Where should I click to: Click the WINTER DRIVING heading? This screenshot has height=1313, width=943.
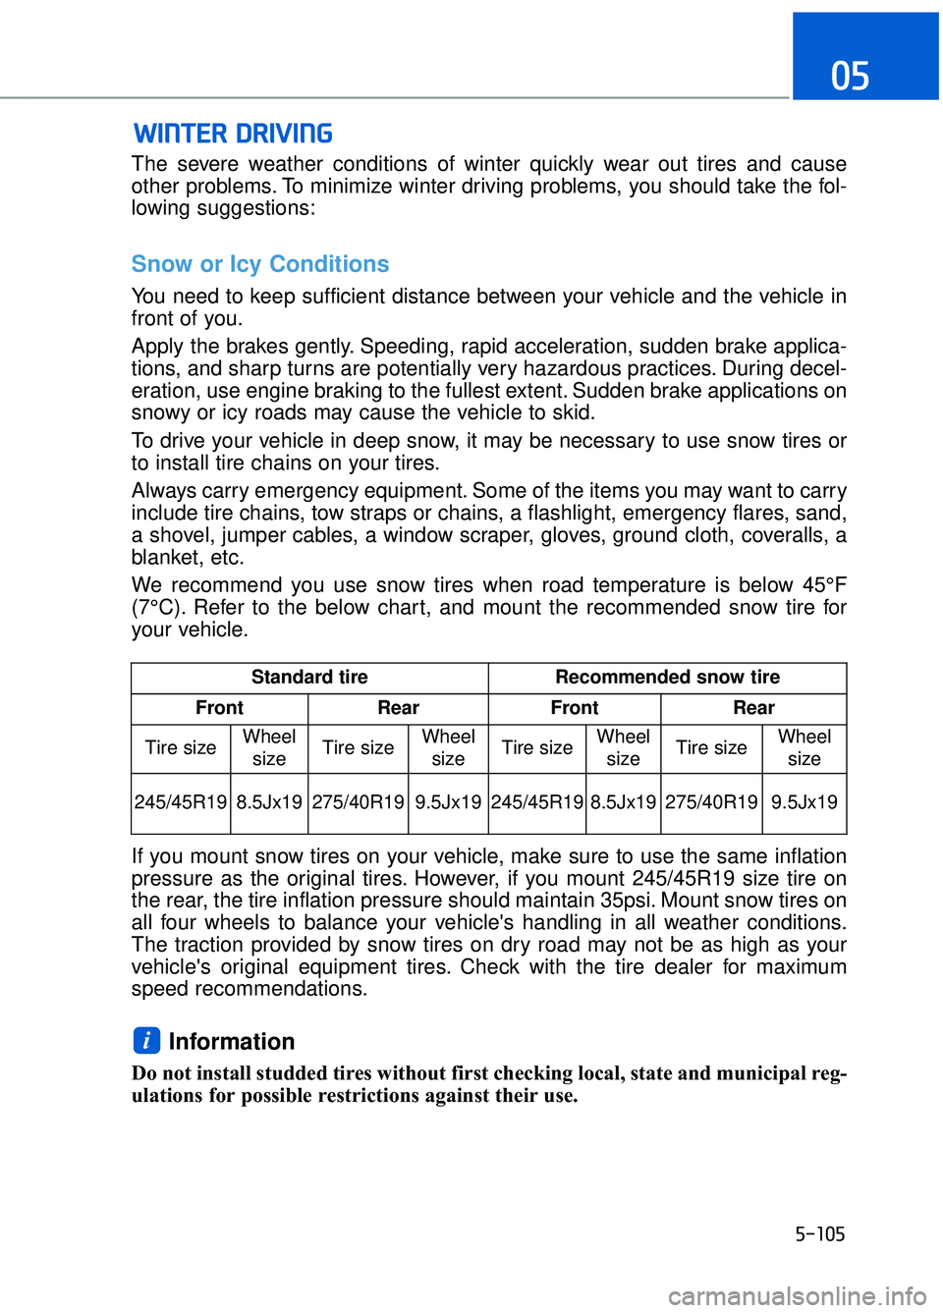[x=233, y=134]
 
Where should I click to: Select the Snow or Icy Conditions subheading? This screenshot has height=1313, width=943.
[x=260, y=264]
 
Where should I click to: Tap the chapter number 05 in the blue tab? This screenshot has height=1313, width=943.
[x=851, y=76]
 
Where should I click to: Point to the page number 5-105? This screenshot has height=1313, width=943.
[x=819, y=1234]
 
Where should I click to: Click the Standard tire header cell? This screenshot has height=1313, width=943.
[x=309, y=678]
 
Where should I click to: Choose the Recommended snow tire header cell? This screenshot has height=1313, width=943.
[x=667, y=678]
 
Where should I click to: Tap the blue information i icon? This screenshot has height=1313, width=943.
[x=145, y=1040]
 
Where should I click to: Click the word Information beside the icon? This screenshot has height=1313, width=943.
[x=232, y=1042]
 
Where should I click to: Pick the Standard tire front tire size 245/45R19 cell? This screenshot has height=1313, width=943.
[x=181, y=802]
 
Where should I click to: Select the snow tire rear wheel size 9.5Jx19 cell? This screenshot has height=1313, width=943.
[x=804, y=802]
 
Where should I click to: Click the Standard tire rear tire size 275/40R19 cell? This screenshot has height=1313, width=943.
[x=358, y=802]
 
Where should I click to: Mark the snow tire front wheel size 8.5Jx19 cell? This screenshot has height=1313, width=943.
[x=623, y=802]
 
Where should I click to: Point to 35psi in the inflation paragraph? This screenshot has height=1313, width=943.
[x=627, y=901]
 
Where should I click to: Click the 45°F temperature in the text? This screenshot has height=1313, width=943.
[x=823, y=585]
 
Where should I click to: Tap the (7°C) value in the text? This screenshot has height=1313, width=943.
[x=156, y=608]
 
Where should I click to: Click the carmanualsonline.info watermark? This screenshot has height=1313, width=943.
[x=797, y=1296]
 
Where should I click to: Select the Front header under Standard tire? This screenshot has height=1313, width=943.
[x=219, y=708]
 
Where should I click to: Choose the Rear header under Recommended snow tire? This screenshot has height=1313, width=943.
[x=753, y=708]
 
